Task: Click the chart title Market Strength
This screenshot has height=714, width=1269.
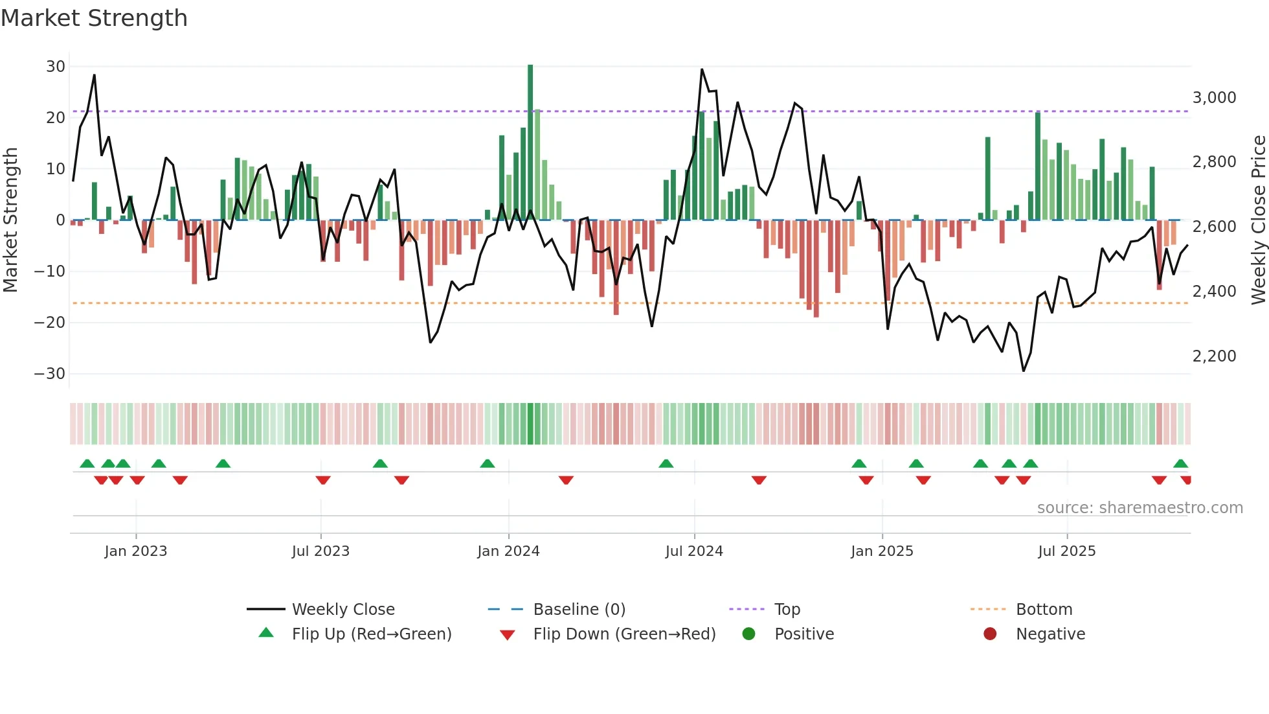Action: [x=94, y=18]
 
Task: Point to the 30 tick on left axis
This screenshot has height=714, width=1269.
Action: [x=56, y=67]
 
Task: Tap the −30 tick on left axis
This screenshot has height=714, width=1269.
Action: [x=50, y=374]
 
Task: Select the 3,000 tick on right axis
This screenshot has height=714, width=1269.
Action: [x=1214, y=98]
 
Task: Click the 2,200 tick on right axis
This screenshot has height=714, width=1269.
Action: [x=1214, y=356]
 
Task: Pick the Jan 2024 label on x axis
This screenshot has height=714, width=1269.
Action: [x=508, y=551]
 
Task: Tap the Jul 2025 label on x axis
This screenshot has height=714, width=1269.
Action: [x=1066, y=551]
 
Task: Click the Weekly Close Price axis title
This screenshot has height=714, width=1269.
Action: [x=1258, y=220]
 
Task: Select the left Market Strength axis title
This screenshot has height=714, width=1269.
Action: [x=11, y=220]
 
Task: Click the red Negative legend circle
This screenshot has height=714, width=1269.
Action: [x=990, y=634]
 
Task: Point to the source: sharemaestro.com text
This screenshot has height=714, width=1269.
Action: [x=1140, y=508]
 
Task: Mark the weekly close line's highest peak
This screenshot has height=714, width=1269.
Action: [x=702, y=69]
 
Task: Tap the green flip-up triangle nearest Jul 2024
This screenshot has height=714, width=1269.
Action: [x=666, y=463]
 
